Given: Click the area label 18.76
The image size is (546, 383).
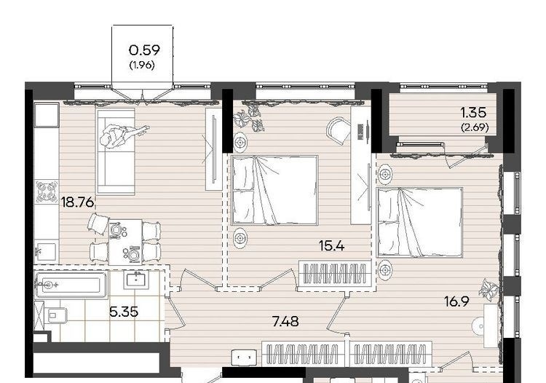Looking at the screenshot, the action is tap(77, 202).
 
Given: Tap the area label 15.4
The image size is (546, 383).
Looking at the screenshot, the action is tap(331, 246).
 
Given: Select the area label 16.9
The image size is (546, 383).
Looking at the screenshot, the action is tap(456, 301).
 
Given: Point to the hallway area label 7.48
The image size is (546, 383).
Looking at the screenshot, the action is tap(285, 322).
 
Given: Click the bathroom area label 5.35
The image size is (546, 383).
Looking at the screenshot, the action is tap(124, 312).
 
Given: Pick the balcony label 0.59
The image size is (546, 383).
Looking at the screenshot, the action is tap(144, 50).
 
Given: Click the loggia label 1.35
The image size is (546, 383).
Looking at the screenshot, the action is tap(473, 113).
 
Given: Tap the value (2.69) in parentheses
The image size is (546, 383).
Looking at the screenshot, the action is tap(475, 127).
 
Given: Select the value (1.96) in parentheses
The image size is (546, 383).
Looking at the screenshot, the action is tap(142, 65).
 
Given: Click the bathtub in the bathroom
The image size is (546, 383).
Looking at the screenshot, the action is tap(71, 285).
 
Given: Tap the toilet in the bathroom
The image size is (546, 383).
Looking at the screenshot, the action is tap(57, 315).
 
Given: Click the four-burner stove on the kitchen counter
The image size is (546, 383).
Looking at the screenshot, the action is tap(47, 191).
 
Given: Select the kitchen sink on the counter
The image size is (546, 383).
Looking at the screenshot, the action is tap(46, 251).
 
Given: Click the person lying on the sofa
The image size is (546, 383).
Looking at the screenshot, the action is tap(122, 135).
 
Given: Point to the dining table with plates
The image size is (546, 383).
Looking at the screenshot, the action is tap(125, 241).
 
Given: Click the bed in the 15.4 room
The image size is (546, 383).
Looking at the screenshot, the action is tap(274, 190).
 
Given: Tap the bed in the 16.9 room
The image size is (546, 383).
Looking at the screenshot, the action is tap(419, 223).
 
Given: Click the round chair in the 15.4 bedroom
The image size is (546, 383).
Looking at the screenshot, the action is tap(339, 130).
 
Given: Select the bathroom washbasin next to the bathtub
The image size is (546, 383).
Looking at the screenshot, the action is tap(136, 280).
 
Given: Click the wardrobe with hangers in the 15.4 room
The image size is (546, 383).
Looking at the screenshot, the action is tap(335, 273).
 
